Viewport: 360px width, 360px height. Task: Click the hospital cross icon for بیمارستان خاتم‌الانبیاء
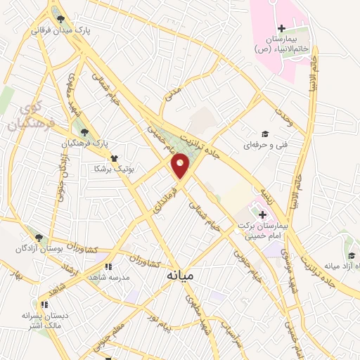click(x=281, y=29)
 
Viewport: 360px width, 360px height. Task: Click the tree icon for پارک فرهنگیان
click(x=84, y=131)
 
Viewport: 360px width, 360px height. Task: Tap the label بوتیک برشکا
click(x=117, y=169)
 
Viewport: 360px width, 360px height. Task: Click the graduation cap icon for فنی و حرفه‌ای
click(x=265, y=134)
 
